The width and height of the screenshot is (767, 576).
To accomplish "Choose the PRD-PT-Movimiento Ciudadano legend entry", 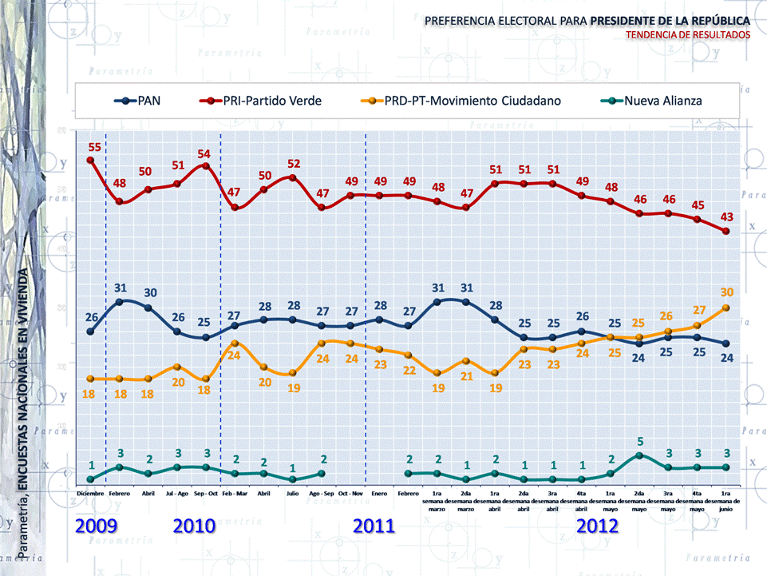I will point(471,101).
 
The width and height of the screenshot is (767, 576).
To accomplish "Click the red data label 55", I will point(94,147).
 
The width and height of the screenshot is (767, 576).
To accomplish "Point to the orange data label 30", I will point(726,292).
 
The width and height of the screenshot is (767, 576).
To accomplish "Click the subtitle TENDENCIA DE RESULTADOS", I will point(688,35).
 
